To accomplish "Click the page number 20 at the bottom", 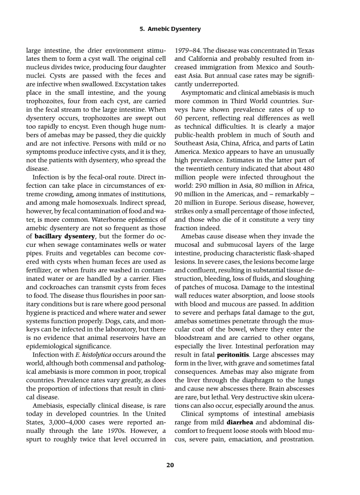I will (x=170, y=465).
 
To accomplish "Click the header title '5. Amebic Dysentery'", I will (x=170, y=29).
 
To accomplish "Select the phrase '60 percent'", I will (x=190, y=118).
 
